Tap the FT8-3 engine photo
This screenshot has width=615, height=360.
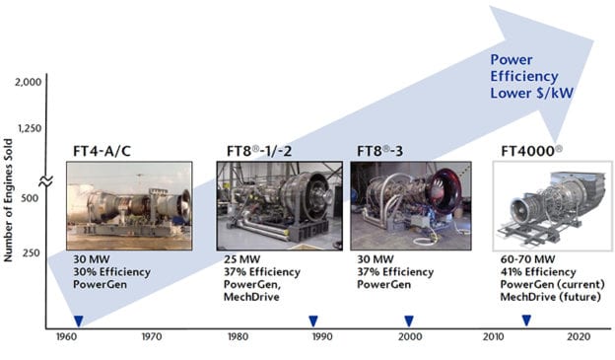tap(405, 204)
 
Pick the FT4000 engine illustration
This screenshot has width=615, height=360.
tap(552, 207)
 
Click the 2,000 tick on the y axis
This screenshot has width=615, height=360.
tap(28, 82)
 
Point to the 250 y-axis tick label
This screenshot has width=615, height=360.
tap(33, 253)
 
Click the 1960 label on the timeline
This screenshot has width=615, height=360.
tap(66, 336)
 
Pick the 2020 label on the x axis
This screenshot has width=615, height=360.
tap(581, 336)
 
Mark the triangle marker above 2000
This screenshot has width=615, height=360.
tap(408, 320)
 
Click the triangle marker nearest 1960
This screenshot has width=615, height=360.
tap(78, 320)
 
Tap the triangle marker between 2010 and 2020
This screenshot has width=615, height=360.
tap(526, 320)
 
